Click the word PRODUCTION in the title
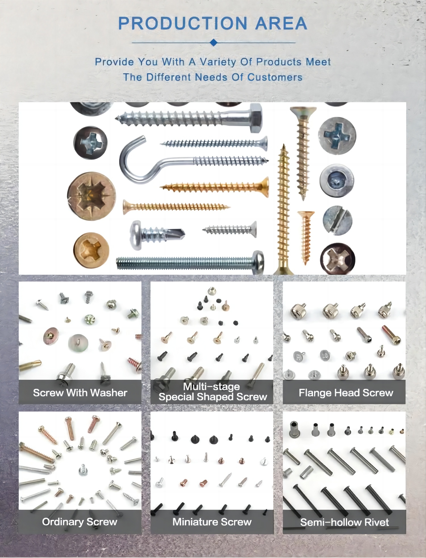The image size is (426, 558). (183, 23)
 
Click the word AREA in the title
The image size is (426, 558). (281, 23)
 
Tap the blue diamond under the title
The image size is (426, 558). (214, 43)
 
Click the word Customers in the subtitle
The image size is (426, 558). (275, 77)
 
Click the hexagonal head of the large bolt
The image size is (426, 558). (256, 118)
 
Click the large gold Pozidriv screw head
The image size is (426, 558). (92, 196)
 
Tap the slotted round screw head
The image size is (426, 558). (337, 221)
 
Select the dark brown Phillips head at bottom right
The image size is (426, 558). (337, 259)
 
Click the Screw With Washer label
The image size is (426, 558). (80, 393)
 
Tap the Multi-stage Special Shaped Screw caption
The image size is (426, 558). (212, 392)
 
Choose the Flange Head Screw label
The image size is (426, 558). (346, 393)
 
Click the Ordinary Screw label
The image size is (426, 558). (80, 522)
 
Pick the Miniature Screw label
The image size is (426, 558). (212, 522)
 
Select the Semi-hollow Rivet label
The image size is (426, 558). (344, 522)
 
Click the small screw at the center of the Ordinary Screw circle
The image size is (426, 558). (83, 470)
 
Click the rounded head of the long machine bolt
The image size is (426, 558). (258, 262)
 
